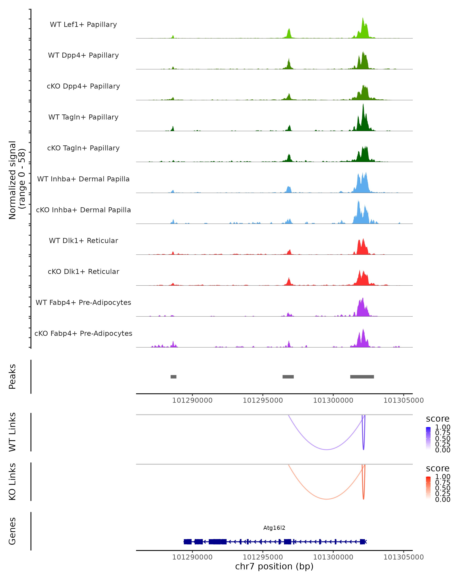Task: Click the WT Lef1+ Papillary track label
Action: (x=83, y=25)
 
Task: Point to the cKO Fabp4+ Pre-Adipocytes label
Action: (x=83, y=333)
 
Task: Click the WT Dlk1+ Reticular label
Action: (x=83, y=241)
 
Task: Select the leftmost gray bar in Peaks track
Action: (x=173, y=377)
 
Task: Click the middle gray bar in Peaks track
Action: (x=288, y=377)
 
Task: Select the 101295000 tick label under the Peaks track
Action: (x=263, y=400)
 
